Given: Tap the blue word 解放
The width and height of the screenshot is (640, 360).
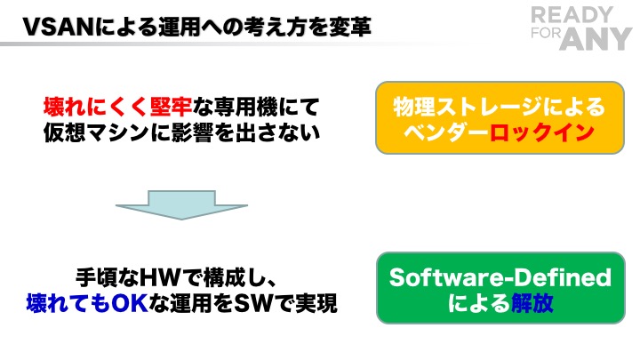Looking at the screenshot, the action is point(533,303).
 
